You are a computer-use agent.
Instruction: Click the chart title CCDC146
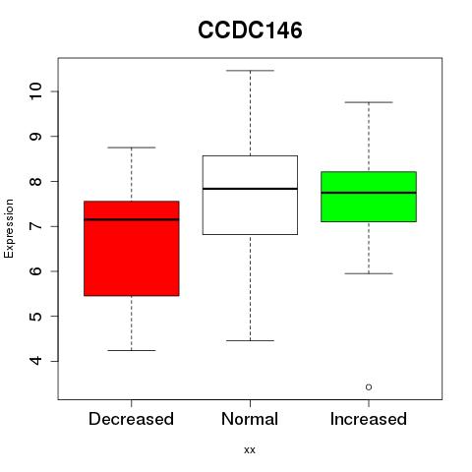[x=250, y=30]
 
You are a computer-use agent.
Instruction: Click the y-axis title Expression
[x=9, y=228]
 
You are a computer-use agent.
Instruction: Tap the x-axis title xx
[x=250, y=449]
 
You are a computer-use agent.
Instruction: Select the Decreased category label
[x=131, y=419]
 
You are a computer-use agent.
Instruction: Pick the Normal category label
[x=250, y=419]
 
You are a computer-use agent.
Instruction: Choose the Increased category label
[x=369, y=419]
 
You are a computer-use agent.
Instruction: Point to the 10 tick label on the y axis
[x=35, y=91]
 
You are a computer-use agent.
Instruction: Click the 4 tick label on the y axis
[x=35, y=361]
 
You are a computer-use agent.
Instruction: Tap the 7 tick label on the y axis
[x=35, y=226]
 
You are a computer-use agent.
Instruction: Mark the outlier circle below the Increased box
[x=369, y=387]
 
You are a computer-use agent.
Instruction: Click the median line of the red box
[x=132, y=219]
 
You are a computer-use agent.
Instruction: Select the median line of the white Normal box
[x=250, y=189]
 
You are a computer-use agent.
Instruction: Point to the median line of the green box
[x=369, y=193]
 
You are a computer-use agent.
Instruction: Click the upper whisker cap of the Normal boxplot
[x=250, y=71]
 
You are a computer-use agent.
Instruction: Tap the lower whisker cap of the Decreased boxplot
[x=132, y=350]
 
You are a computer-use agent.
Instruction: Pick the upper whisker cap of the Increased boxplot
[x=369, y=102]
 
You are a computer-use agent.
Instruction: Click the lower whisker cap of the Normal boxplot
[x=250, y=340]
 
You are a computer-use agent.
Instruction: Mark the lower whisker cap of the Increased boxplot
[x=369, y=273]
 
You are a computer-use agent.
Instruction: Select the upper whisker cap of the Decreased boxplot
[x=132, y=147]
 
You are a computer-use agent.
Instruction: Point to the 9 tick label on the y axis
[x=35, y=137]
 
